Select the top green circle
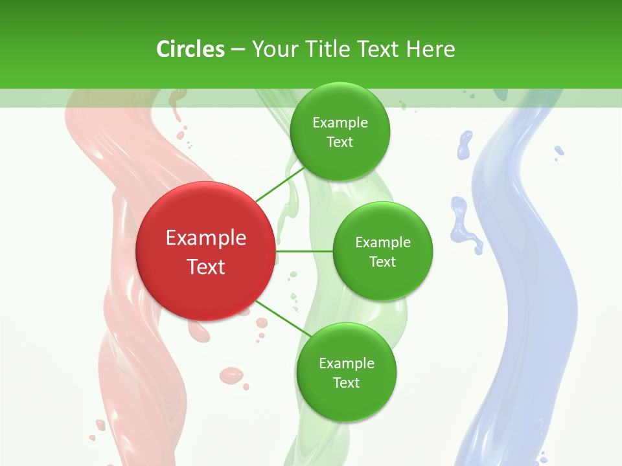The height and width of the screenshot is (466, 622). pos(340,132)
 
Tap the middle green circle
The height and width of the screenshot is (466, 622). pos(382,251)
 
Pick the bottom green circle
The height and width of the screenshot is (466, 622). pos(346,373)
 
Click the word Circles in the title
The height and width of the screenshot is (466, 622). pos(190,49)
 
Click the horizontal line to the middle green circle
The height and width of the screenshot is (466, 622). pos(305,251)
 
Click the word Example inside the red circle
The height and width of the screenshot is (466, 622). pos(206,238)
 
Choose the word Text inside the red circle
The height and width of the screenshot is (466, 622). pos(206,267)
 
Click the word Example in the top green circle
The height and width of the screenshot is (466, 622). pos(340,123)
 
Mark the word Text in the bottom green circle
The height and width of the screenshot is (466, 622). pos(346,383)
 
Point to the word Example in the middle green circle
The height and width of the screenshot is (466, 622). pos(383,243)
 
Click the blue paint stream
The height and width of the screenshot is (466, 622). pos(531,272)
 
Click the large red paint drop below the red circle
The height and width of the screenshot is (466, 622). pos(231,375)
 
